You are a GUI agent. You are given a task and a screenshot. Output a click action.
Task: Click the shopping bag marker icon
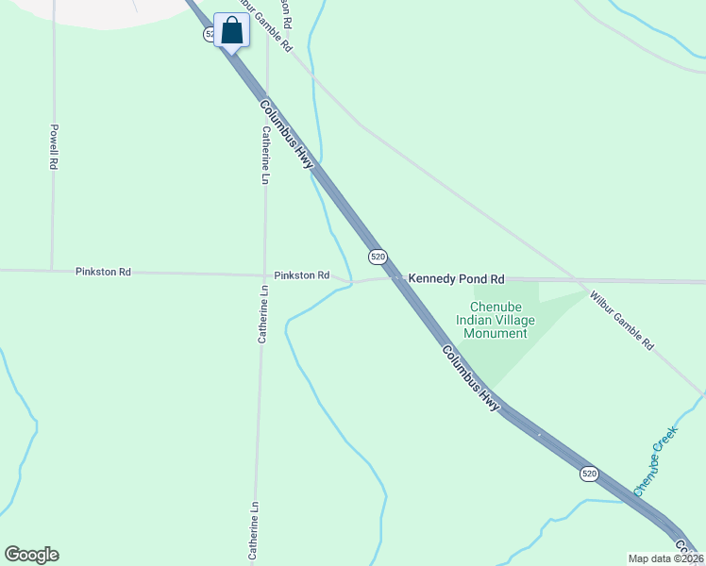coord(231,30)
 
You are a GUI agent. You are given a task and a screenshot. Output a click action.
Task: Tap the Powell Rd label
coord(55,147)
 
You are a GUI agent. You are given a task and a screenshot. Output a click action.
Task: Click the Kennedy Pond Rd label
coord(456,279)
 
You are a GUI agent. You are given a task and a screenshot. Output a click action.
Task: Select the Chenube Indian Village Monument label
coord(496,320)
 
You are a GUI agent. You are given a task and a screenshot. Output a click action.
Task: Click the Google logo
coord(31,555)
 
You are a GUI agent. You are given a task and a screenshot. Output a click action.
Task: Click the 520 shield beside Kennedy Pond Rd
coord(378,257)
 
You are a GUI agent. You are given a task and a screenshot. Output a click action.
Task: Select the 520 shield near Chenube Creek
coord(589,474)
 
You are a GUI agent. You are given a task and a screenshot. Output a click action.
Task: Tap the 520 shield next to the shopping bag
coord(210,34)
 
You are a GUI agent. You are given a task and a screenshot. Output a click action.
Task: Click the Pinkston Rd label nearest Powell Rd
coord(103,272)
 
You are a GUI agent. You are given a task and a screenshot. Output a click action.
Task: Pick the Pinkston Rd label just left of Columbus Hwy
coord(301,275)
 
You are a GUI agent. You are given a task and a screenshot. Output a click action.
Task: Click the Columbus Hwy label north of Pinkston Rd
coord(287,135)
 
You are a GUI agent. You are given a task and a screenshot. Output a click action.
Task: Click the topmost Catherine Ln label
coord(266,156)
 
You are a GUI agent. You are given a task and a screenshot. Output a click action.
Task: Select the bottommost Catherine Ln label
coord(254,532)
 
